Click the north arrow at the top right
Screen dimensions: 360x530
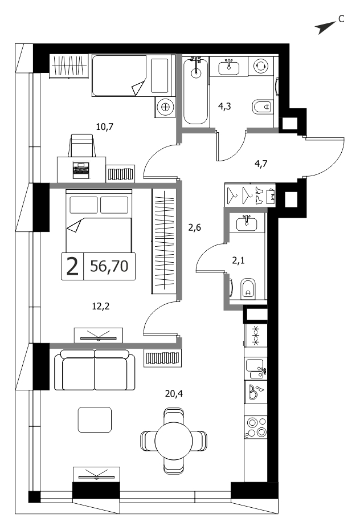point(325,28)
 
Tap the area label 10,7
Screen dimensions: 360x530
point(105,127)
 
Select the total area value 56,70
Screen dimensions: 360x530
point(109,266)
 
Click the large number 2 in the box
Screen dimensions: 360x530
point(72,266)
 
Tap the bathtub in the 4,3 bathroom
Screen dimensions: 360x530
point(195,91)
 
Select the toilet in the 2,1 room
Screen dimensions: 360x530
point(248,289)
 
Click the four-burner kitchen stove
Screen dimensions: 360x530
point(256,427)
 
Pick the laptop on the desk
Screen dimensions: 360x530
point(81,170)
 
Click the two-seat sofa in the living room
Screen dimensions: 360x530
point(95,369)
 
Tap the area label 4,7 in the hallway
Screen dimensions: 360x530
point(261,164)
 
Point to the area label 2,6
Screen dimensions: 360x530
point(194,228)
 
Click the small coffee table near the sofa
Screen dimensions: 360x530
point(95,419)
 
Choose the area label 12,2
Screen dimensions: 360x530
point(101,307)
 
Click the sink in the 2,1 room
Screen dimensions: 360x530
point(246,224)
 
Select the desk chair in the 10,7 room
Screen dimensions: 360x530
point(81,145)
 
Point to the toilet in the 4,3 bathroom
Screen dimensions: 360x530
point(263,107)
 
